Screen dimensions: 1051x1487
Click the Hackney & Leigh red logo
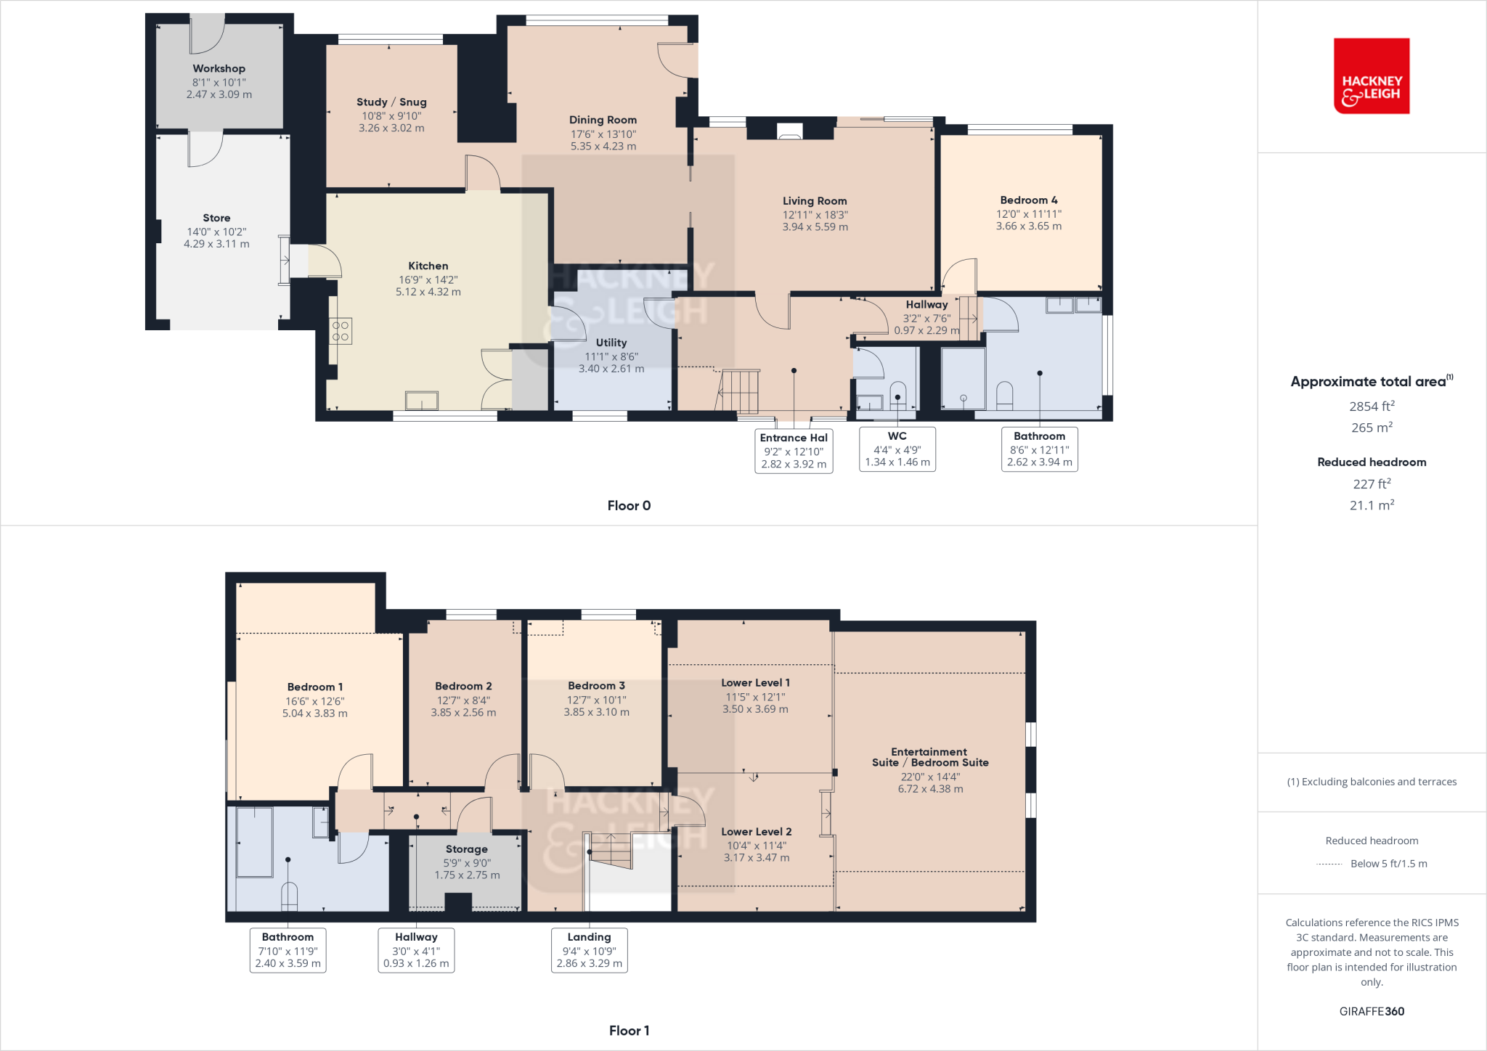point(1371,76)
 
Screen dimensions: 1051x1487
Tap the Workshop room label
point(219,69)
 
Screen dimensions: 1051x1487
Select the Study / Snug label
point(391,102)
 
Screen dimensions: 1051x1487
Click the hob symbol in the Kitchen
point(341,332)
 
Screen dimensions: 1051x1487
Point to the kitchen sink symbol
point(422,401)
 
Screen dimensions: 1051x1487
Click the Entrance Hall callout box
point(794,450)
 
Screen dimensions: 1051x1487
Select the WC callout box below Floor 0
point(897,449)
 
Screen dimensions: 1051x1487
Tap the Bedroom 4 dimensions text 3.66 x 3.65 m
point(1028,226)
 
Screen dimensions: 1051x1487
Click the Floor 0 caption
point(629,506)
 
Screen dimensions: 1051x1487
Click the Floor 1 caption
point(629,1031)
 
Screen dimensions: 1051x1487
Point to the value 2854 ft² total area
point(1372,406)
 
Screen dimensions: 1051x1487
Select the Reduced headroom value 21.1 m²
point(1372,505)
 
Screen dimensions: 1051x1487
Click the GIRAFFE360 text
point(1372,1011)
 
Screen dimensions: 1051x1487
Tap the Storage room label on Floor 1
point(466,849)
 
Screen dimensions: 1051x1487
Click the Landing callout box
point(589,950)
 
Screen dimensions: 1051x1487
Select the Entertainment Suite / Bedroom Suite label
point(930,757)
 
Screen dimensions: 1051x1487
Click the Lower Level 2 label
point(756,832)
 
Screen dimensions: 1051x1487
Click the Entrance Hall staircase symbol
point(739,390)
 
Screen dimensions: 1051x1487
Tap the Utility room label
point(611,343)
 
